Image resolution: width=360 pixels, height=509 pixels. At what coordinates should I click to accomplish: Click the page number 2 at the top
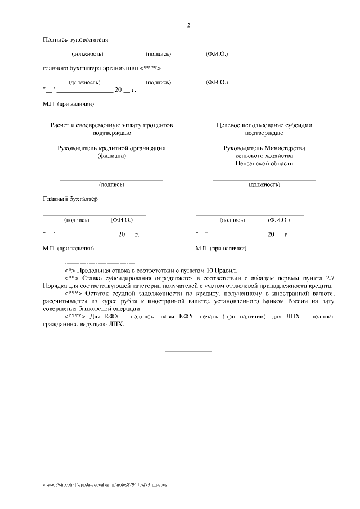pyautogui.click(x=189, y=25)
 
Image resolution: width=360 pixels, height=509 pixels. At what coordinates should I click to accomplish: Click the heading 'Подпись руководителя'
pyautogui.click(x=75, y=39)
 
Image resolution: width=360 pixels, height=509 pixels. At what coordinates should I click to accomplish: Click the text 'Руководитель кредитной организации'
pyautogui.click(x=111, y=148)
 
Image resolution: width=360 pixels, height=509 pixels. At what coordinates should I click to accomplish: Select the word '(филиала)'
pyautogui.click(x=111, y=156)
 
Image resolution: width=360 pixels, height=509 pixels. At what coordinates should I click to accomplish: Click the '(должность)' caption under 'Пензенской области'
pyautogui.click(x=264, y=184)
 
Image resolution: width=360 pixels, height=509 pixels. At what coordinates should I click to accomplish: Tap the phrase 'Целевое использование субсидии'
pyautogui.click(x=264, y=125)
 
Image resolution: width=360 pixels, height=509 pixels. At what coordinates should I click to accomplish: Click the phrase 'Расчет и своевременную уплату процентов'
pyautogui.click(x=112, y=125)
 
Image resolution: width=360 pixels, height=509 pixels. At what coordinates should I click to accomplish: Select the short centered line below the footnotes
pyautogui.click(x=188, y=352)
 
